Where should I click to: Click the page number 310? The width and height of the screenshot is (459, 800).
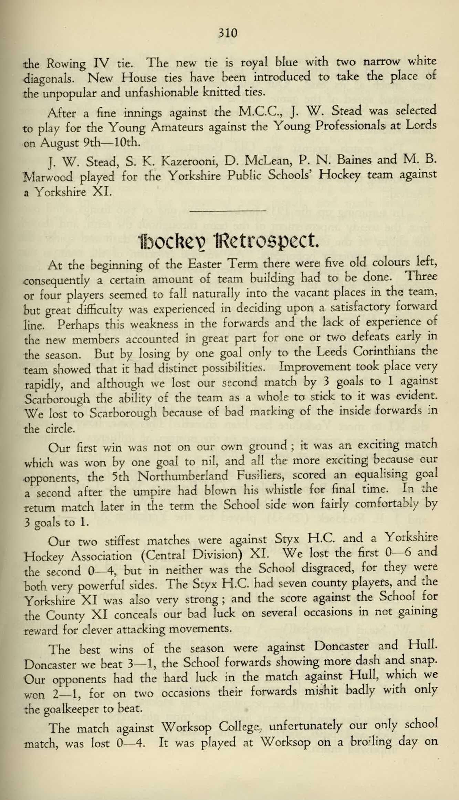pos(228,33)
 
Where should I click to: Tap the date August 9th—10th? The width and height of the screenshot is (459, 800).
pos(91,142)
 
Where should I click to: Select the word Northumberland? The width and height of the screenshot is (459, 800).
pos(183,477)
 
